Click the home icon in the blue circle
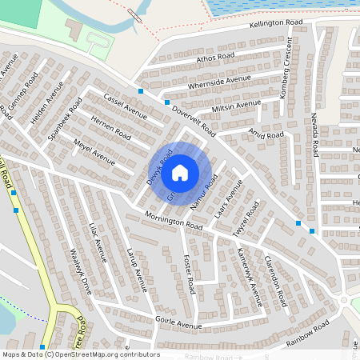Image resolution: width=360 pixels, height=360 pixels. (x=180, y=172)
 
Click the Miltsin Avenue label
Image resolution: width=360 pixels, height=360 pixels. (x=236, y=106)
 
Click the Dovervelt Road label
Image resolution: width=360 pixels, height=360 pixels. (x=194, y=120)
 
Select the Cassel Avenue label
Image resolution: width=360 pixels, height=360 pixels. (x=125, y=104)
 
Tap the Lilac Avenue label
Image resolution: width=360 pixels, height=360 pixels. (x=98, y=242)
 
